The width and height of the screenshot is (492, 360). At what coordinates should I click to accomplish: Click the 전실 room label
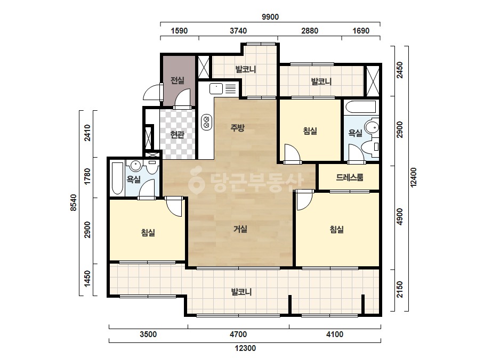[x=178, y=80]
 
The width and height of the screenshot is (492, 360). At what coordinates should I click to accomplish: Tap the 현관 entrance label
[x=178, y=135]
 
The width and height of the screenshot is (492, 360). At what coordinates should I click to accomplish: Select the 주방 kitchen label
[x=238, y=127]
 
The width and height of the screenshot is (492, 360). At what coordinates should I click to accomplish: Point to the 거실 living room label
[x=240, y=229]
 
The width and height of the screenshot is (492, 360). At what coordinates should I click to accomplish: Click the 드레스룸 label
[x=350, y=177]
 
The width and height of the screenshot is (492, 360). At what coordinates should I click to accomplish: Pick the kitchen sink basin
[x=216, y=88]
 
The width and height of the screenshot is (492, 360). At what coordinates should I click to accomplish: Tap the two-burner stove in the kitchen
[x=206, y=121]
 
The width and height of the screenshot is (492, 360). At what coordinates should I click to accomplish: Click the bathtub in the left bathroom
[x=118, y=178]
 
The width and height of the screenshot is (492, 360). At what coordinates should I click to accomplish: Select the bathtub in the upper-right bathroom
[x=360, y=107]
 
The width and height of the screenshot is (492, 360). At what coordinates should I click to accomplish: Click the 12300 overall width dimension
[x=245, y=348]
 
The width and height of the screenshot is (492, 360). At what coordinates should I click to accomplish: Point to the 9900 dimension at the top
[x=270, y=17]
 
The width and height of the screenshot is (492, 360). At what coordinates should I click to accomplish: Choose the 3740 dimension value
[x=238, y=31]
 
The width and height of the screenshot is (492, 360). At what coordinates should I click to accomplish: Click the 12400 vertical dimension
[x=414, y=177]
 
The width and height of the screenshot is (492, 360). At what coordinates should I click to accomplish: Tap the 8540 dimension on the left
[x=73, y=202]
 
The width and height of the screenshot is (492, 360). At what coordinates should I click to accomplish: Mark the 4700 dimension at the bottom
[x=238, y=334]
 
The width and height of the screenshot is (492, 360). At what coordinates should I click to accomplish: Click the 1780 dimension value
[x=87, y=177]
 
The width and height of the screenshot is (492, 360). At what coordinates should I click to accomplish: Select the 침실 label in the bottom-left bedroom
[x=148, y=232]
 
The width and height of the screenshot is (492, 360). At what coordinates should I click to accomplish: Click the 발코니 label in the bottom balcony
[x=241, y=292]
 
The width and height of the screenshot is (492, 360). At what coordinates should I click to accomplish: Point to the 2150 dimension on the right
[x=399, y=290]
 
